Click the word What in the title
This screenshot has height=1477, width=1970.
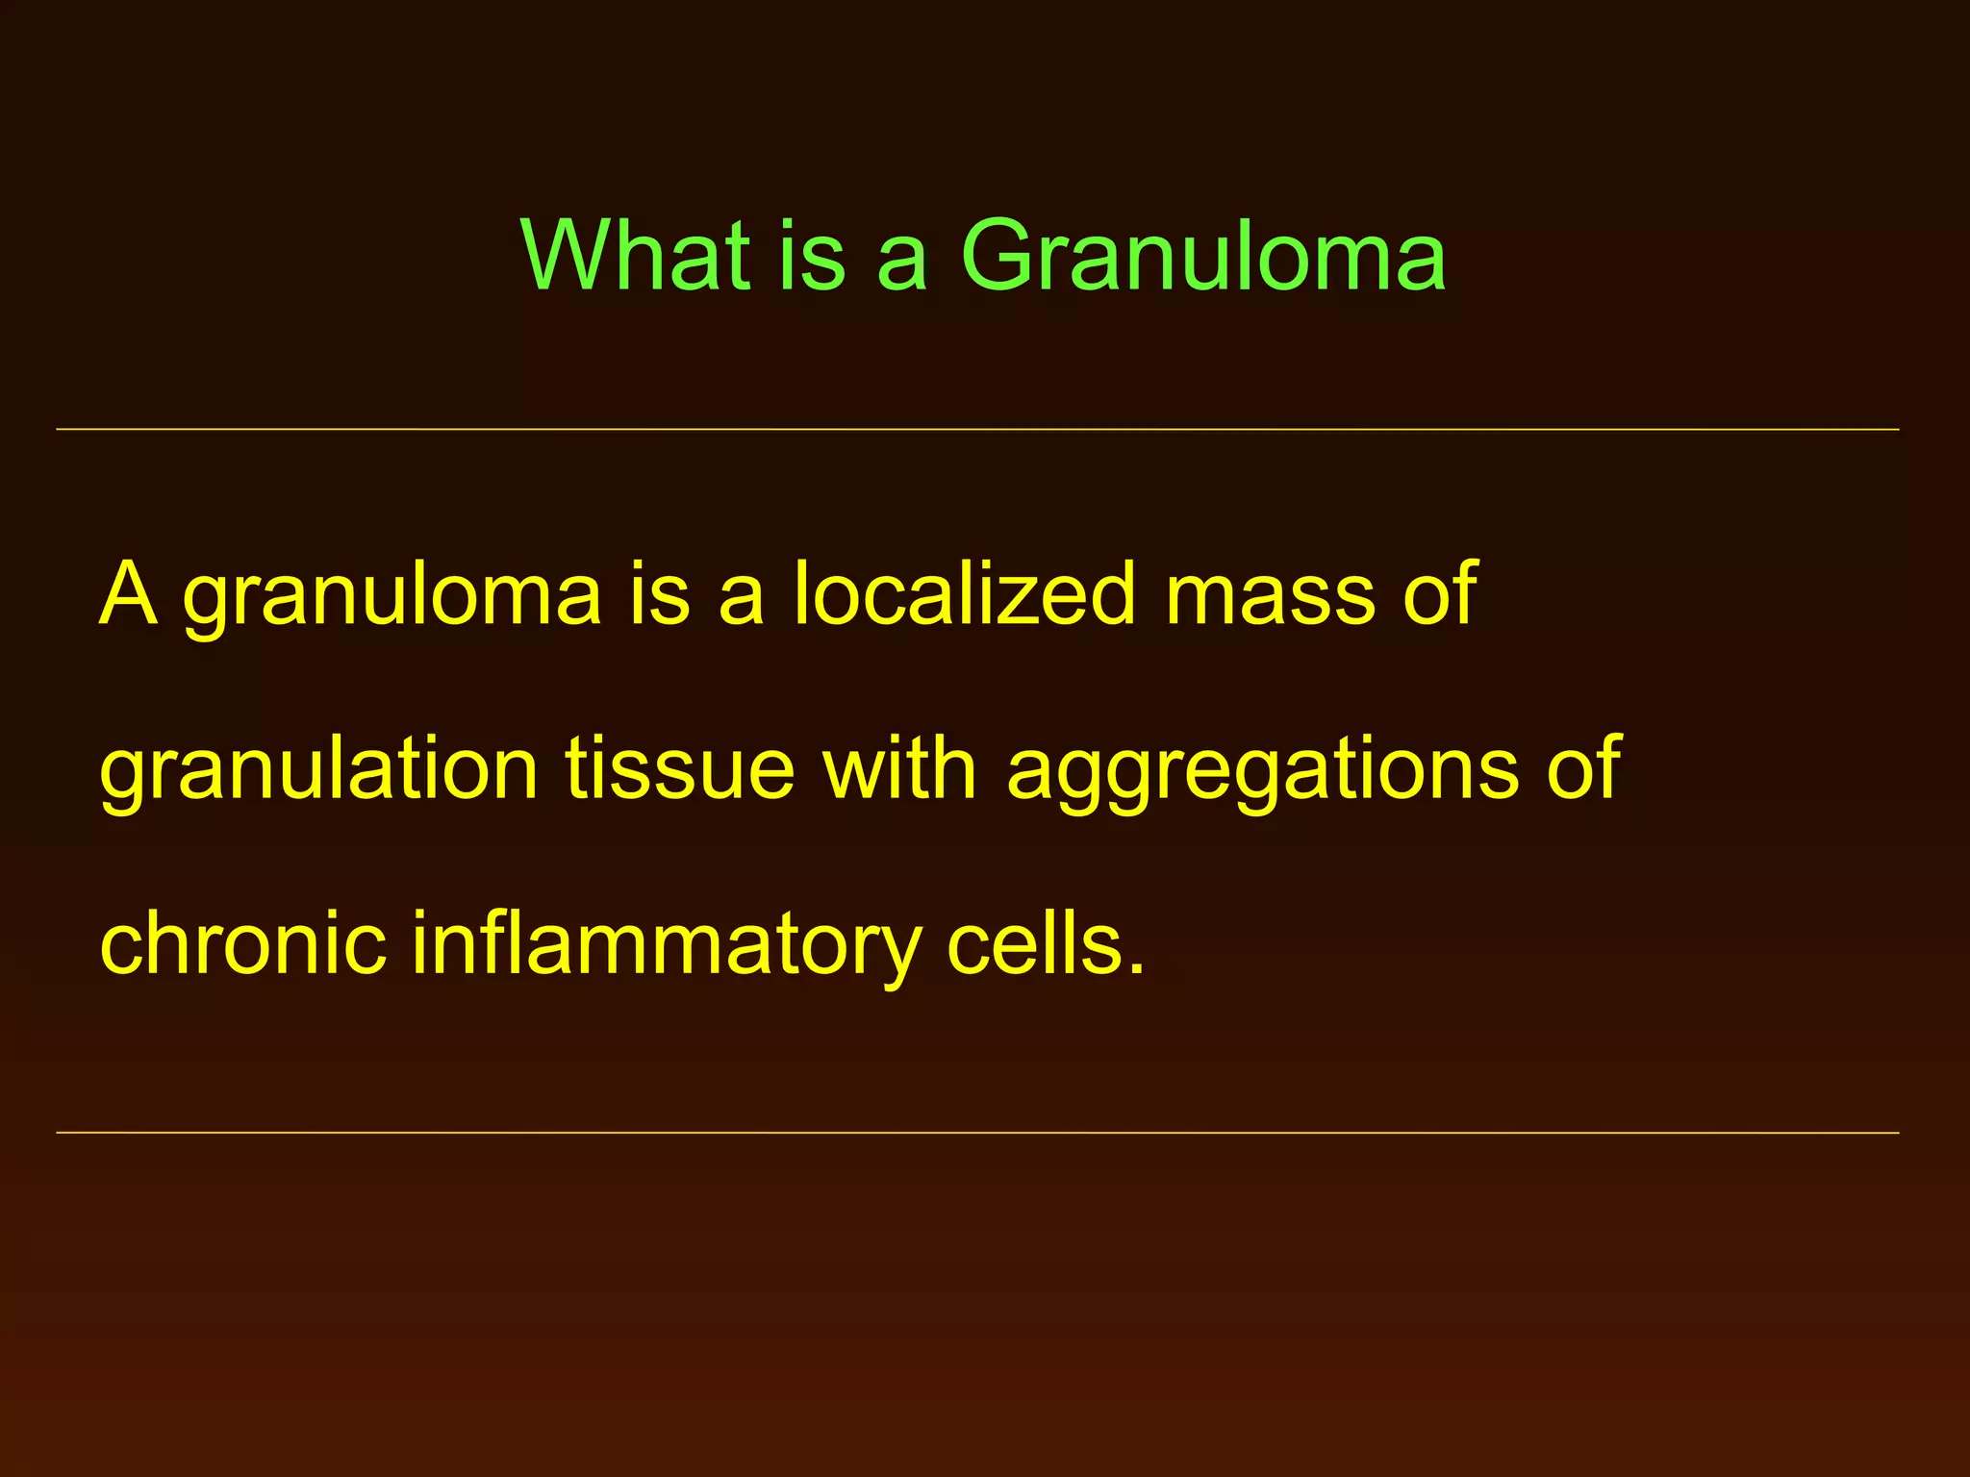(x=635, y=255)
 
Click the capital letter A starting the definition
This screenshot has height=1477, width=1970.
(x=128, y=594)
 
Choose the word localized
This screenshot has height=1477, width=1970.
(x=966, y=594)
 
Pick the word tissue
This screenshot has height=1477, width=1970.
(x=679, y=769)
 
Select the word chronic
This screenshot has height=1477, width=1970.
(x=242, y=944)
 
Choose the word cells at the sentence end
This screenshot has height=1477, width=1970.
(x=1034, y=944)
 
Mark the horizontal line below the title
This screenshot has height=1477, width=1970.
(x=977, y=429)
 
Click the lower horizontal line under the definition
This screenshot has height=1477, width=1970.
(x=977, y=1133)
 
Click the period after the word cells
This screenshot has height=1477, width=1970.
(x=1137, y=970)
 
